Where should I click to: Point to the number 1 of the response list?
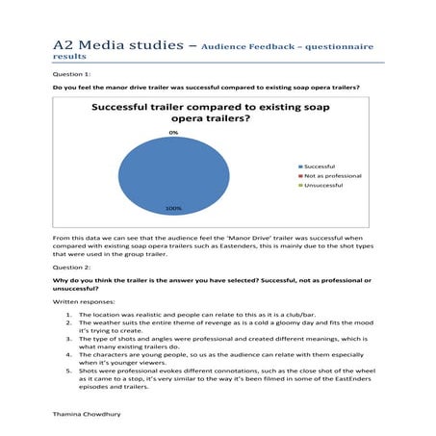(67, 315)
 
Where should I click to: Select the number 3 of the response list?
(67, 341)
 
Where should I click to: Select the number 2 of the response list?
(67, 324)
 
